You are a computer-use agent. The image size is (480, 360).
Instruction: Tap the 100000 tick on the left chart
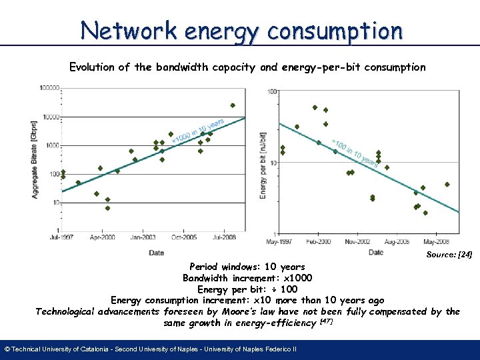pyautogui.click(x=49, y=87)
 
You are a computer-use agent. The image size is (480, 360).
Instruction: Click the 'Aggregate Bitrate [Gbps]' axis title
pyautogui.click(x=35, y=159)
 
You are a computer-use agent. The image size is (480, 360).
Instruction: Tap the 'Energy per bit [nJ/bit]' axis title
pyautogui.click(x=263, y=164)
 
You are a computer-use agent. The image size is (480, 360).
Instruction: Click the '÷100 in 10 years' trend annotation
pyautogui.click(x=357, y=154)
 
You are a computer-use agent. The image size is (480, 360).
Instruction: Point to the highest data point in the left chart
pyautogui.click(x=233, y=105)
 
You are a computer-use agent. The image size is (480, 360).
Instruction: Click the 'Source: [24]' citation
pyautogui.click(x=449, y=255)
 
